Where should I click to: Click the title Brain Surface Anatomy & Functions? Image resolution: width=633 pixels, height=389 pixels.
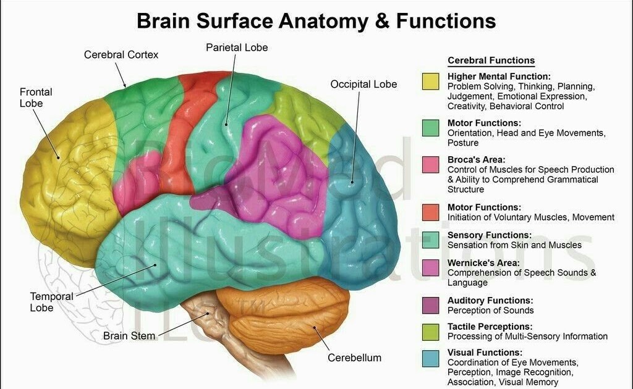[316, 22]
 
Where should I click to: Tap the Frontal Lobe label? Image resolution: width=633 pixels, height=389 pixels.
[36, 98]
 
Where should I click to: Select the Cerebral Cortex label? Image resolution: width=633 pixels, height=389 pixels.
[121, 55]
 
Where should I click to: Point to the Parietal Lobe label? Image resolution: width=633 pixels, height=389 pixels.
[237, 48]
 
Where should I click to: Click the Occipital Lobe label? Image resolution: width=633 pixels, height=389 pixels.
[363, 84]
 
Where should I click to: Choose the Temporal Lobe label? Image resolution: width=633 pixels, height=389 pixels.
[51, 302]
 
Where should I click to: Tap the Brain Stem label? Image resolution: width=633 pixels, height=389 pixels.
[129, 336]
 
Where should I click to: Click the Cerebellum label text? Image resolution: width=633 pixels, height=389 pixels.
[354, 358]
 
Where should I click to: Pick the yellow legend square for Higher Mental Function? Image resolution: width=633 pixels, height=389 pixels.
[431, 82]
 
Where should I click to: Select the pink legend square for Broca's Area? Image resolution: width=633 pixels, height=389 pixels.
[431, 164]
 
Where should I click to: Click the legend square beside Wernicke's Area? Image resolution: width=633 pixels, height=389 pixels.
[431, 267]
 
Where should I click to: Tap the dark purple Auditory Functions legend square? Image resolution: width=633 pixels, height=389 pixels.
[431, 305]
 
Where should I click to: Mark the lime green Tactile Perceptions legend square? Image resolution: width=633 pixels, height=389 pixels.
[431, 332]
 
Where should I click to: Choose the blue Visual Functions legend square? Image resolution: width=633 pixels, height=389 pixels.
[431, 359]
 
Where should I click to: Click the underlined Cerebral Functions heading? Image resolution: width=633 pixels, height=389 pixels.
[491, 61]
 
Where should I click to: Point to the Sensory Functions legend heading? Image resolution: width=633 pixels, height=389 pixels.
[489, 235]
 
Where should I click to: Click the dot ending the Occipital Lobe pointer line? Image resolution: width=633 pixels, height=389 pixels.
[351, 182]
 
